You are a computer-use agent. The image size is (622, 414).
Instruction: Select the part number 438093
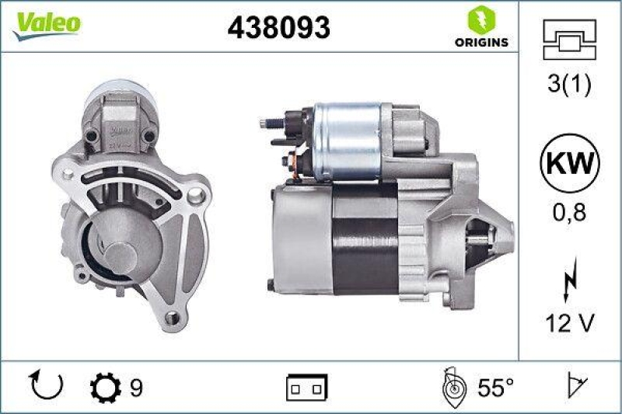(278, 27)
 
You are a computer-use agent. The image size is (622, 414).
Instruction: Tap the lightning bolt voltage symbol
(569, 280)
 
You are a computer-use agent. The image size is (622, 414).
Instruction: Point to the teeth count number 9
(136, 386)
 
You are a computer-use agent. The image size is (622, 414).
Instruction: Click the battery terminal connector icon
(307, 386)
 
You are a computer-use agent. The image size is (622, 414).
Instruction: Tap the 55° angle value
(495, 386)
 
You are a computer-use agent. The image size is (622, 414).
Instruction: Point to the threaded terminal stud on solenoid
(272, 123)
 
